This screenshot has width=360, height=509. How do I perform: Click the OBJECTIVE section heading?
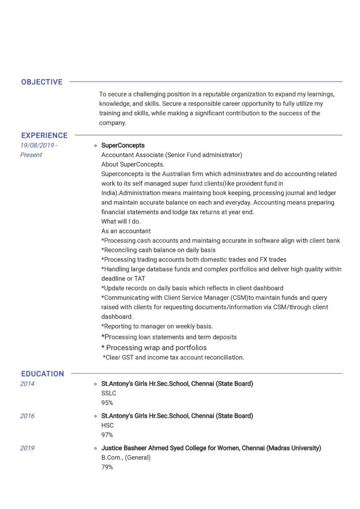(42, 82)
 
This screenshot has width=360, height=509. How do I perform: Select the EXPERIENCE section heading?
(44, 135)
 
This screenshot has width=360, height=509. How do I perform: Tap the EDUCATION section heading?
(42, 374)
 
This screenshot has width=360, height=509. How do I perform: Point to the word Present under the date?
(31, 155)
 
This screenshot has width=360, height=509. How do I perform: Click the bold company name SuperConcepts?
(123, 145)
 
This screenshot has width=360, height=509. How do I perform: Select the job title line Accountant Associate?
(172, 155)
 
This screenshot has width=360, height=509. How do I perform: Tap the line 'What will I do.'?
(121, 222)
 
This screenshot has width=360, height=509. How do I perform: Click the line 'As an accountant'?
(126, 231)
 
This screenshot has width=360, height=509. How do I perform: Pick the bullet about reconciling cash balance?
(158, 250)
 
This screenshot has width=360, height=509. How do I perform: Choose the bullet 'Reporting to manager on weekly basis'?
(157, 327)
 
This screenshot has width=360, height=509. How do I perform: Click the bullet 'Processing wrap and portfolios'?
(154, 347)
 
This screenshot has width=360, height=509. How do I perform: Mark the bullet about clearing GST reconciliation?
(174, 357)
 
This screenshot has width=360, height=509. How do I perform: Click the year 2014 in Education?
(27, 384)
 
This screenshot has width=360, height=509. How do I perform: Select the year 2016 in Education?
(27, 416)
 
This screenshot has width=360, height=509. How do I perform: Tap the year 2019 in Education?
(27, 448)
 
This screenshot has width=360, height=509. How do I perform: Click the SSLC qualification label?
(109, 393)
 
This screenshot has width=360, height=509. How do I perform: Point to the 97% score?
(107, 435)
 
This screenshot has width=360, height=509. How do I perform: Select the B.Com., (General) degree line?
(126, 457)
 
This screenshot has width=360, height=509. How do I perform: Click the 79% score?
(107, 467)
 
